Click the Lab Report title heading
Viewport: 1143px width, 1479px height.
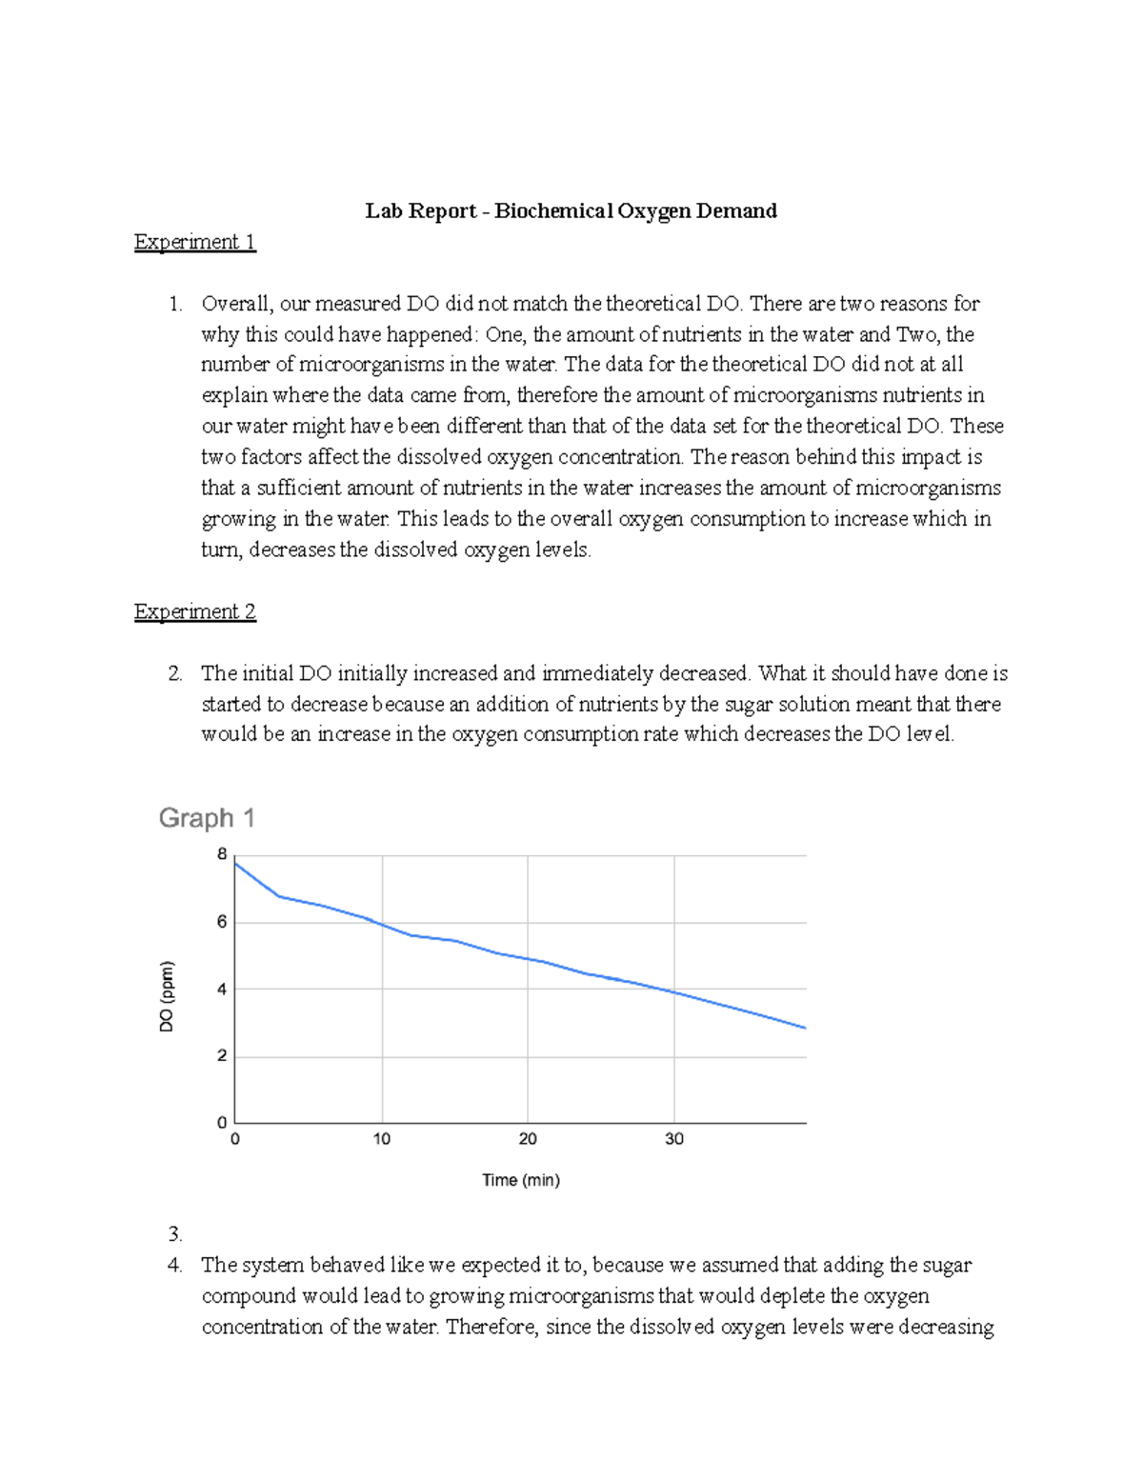[x=571, y=210]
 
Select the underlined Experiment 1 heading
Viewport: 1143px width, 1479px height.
[x=194, y=242]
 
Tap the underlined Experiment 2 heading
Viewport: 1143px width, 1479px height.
[x=194, y=611]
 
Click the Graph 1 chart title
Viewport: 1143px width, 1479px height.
[x=207, y=818]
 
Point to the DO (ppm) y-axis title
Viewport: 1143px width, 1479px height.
[x=168, y=996]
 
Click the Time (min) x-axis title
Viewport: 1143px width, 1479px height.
[x=521, y=1180]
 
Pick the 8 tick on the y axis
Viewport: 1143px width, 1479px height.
[x=222, y=854]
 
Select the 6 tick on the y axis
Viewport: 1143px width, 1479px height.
[x=222, y=922]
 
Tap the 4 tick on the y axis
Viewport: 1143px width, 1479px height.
[x=222, y=989]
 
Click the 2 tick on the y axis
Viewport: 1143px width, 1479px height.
[x=222, y=1056]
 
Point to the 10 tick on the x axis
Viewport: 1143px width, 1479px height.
[x=382, y=1139]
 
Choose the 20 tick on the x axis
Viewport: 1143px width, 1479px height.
[x=528, y=1139]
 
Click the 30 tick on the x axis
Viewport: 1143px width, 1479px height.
[x=674, y=1139]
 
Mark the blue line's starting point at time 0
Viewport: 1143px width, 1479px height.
[x=236, y=863]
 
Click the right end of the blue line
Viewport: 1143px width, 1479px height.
[x=805, y=1028]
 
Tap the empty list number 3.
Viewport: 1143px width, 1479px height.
[x=174, y=1234]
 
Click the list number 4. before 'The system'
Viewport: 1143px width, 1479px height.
[x=174, y=1266]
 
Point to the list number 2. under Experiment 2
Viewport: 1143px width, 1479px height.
[x=174, y=673]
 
